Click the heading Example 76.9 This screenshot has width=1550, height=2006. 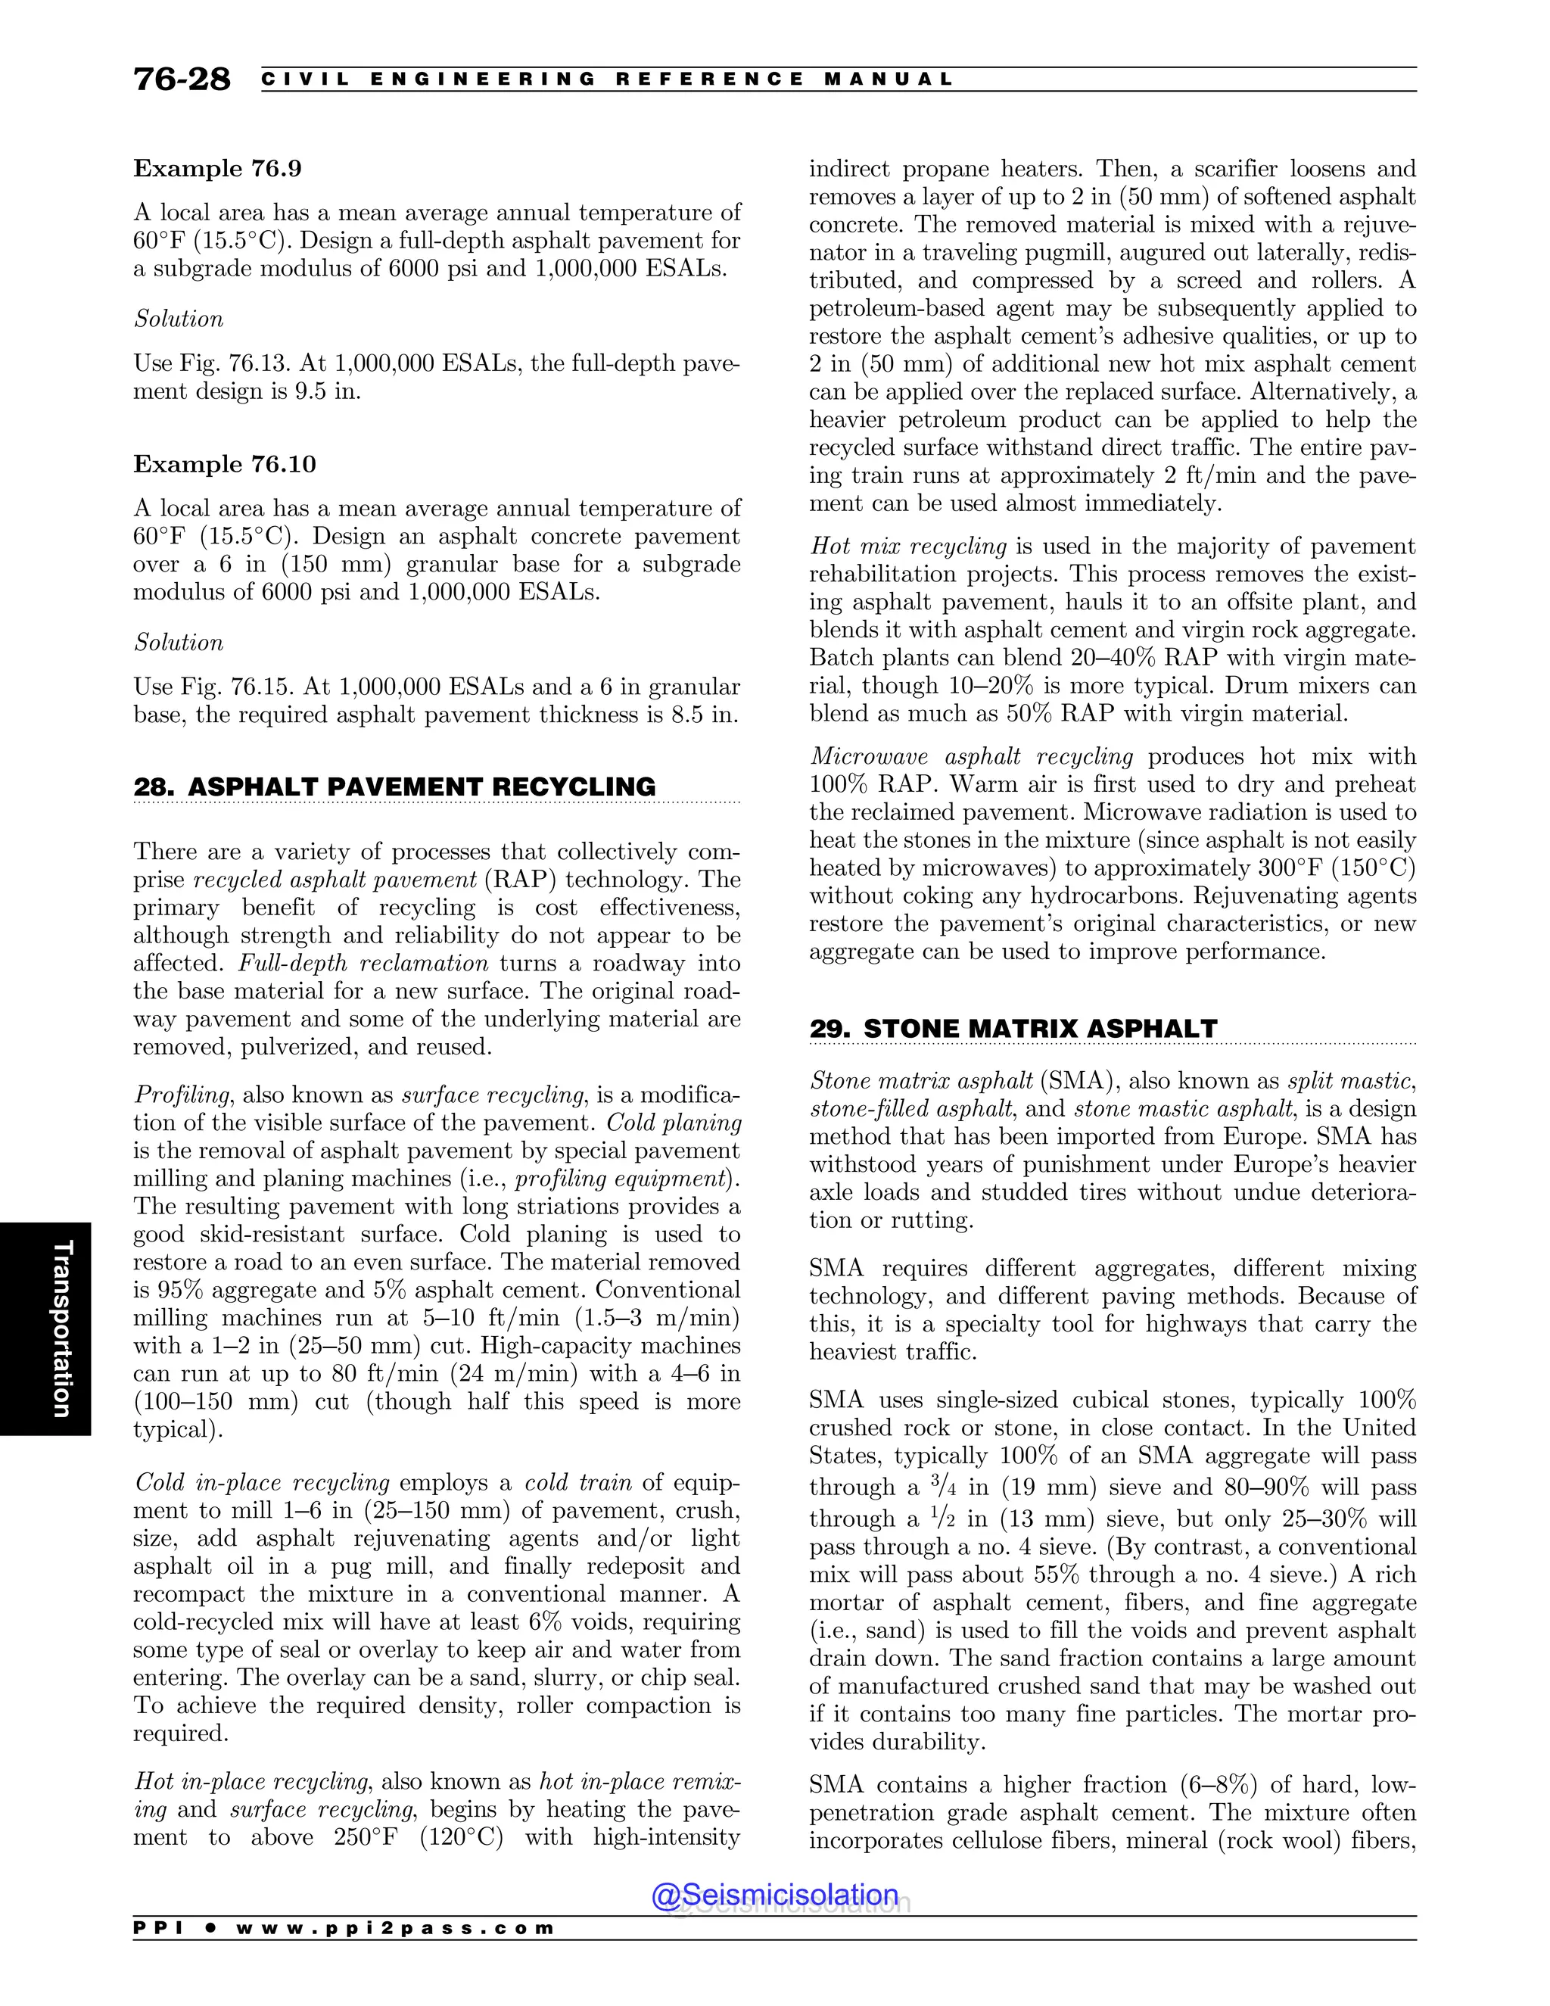click(x=218, y=169)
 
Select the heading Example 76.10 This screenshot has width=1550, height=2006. click(x=225, y=465)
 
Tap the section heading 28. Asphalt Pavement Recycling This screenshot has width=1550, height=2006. click(x=395, y=787)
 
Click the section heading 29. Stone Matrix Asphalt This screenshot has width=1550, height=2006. click(x=1013, y=1029)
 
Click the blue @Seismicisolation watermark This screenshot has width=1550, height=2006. click(x=774, y=1895)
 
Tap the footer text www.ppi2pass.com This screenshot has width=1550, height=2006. click(x=395, y=1929)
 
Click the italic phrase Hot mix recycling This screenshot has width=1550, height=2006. click(x=908, y=547)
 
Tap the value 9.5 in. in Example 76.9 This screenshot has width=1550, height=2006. click(x=326, y=392)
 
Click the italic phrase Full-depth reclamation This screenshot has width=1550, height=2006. click(x=363, y=964)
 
